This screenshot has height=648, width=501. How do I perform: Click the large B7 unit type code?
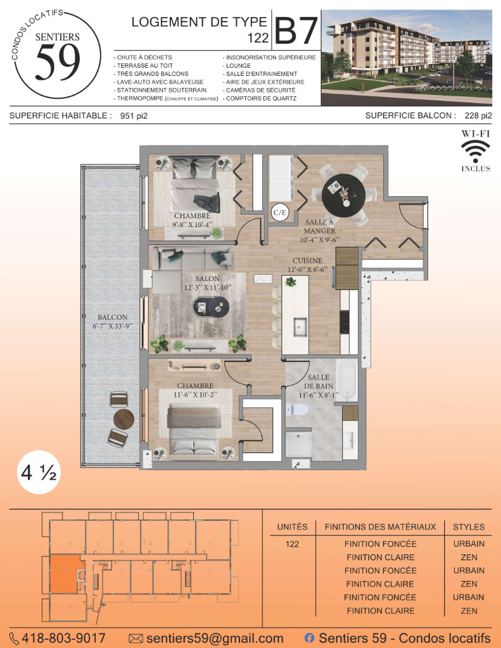click(296, 30)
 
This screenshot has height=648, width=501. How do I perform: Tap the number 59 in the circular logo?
click(58, 62)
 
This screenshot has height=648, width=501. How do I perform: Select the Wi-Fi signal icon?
click(476, 151)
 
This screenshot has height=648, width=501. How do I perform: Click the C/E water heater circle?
click(280, 213)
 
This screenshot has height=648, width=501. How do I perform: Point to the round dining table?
click(343, 195)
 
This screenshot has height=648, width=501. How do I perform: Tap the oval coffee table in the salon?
click(211, 307)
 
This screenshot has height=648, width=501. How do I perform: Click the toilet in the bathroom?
click(297, 409)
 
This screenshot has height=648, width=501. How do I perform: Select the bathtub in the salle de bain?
click(346, 380)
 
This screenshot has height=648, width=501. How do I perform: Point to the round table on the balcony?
click(124, 419)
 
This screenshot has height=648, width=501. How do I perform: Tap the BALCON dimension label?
click(113, 321)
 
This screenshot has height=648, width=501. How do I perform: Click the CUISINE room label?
click(307, 261)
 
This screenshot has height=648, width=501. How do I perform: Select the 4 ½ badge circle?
click(39, 472)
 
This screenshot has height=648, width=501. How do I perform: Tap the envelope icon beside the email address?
click(136, 639)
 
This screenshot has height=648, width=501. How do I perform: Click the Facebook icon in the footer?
click(309, 638)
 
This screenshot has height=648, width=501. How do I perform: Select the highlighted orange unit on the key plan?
click(65, 574)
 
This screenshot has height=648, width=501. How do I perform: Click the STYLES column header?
click(469, 527)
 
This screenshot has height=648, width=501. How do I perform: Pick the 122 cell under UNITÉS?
click(292, 544)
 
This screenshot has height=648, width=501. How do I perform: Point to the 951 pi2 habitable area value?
click(134, 116)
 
